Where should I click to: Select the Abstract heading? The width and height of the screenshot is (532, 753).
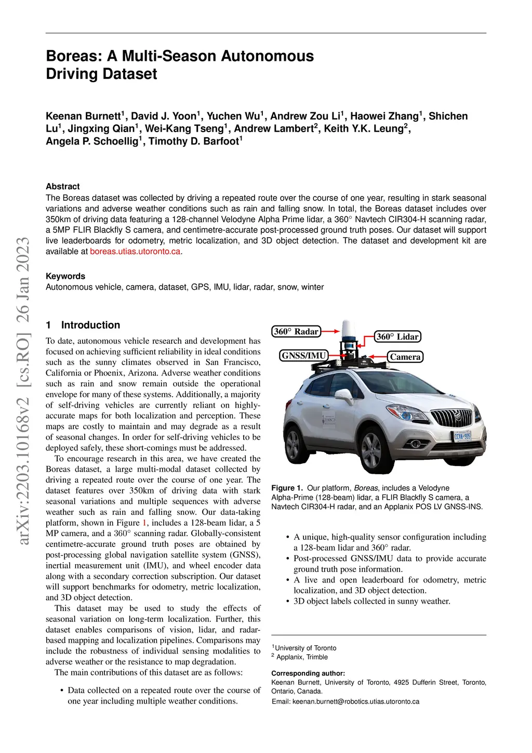click(63, 186)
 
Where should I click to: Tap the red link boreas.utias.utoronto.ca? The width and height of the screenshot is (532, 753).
click(136, 251)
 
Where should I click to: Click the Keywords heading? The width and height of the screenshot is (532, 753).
click(65, 276)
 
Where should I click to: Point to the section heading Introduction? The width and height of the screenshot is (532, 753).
click(90, 325)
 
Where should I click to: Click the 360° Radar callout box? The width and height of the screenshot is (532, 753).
click(296, 331)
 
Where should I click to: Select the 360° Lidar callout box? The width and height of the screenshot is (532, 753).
click(397, 336)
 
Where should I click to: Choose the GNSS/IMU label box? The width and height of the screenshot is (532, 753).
click(303, 356)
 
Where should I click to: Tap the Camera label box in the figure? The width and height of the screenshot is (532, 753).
click(405, 357)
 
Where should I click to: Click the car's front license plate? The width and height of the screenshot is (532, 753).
click(462, 436)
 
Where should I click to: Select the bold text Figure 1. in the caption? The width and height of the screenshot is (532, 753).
click(287, 488)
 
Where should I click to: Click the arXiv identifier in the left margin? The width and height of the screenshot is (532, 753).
click(23, 390)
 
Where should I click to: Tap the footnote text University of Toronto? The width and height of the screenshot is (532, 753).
click(305, 648)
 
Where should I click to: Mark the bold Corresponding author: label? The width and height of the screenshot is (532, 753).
click(308, 673)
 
